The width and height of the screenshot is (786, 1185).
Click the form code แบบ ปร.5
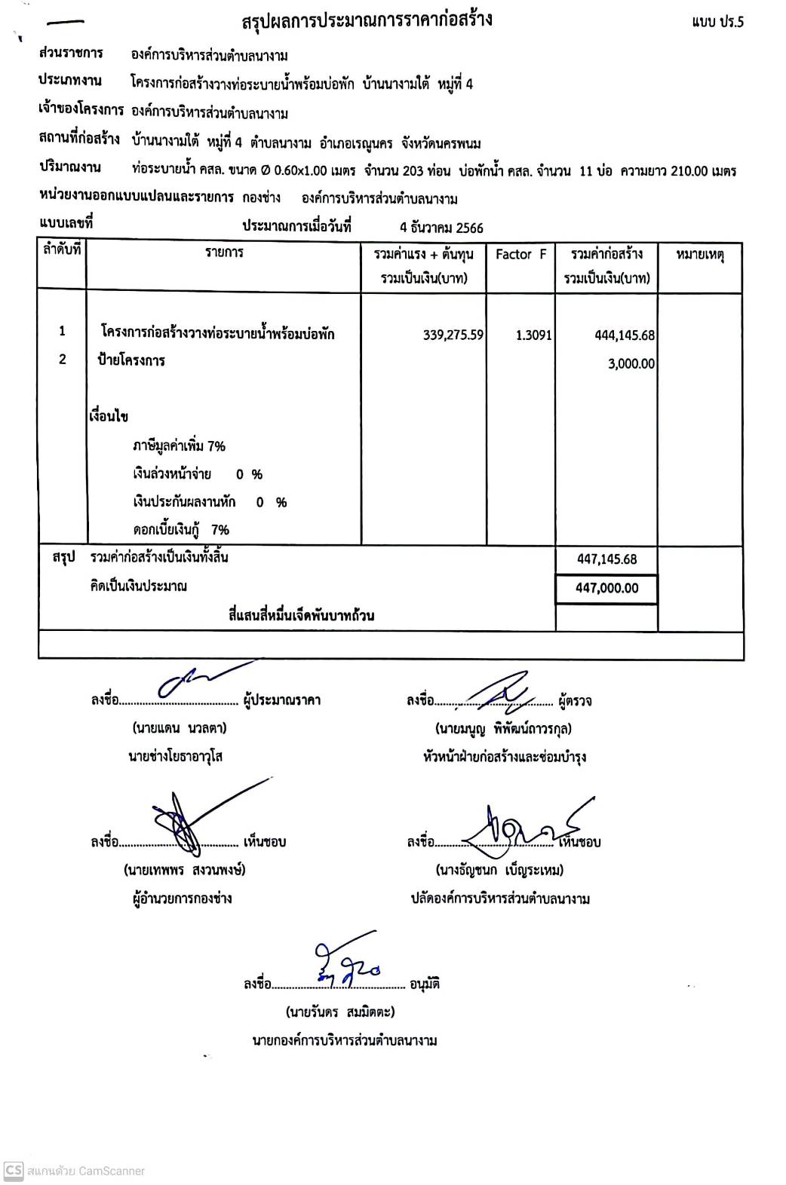717,22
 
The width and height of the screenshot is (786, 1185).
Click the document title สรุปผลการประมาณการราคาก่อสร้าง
367,20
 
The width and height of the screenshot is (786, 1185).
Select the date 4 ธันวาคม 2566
441,228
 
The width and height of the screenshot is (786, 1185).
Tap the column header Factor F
520,255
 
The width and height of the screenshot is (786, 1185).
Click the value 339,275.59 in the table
453,335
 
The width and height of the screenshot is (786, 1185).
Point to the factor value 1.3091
533,335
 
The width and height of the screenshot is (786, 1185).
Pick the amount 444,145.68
625,335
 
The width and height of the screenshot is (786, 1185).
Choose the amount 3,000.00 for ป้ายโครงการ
631,363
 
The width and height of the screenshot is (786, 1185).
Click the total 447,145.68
606,559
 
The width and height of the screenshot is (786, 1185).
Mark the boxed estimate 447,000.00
606,588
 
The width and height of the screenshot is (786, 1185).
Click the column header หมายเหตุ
699,255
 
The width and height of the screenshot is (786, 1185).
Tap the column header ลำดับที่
62,250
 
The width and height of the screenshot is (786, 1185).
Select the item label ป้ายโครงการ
131,360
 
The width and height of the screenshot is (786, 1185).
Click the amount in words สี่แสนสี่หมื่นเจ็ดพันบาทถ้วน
301,615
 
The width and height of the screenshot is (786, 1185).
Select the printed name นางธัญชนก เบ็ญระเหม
499,870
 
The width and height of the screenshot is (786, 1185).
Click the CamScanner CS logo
14,1170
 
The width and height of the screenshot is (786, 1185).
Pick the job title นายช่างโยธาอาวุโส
175,756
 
